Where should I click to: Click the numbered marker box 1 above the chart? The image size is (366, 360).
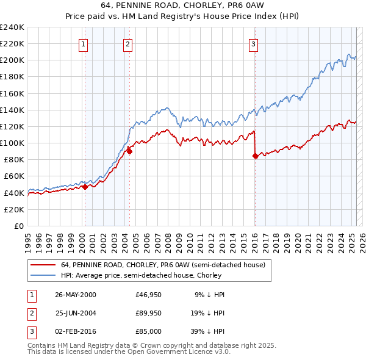click(x=83, y=43)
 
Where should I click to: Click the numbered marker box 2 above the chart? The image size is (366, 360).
click(x=127, y=43)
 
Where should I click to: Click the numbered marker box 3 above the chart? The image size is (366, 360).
click(x=253, y=43)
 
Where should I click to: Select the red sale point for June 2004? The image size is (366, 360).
click(x=129, y=152)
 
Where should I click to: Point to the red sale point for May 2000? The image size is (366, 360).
click(x=85, y=187)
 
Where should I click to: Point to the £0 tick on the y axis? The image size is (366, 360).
click(x=20, y=226)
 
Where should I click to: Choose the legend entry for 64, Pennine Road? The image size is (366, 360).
click(x=163, y=265)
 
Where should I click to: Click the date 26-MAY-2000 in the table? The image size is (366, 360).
click(x=76, y=295)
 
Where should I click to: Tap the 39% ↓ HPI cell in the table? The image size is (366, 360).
click(x=210, y=331)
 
